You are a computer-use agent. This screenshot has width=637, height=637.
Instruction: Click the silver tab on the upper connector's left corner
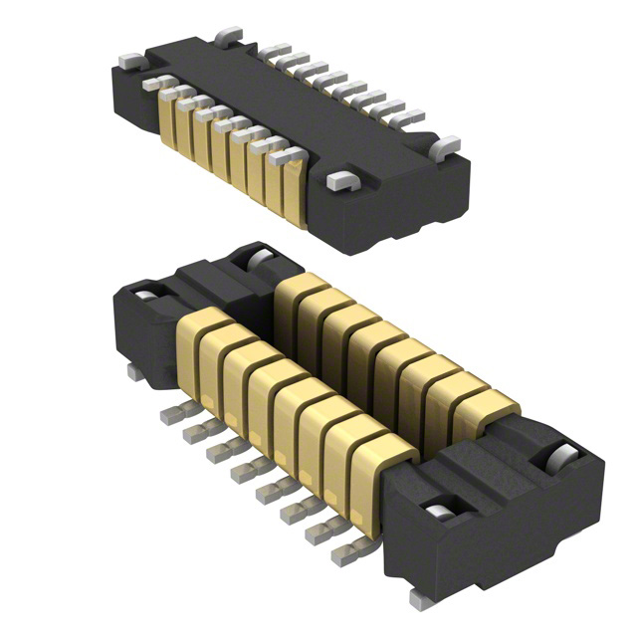click(x=129, y=61)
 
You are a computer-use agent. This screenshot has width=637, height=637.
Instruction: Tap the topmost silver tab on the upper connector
click(x=228, y=36)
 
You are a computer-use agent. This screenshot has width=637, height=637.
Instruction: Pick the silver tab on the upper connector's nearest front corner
click(x=340, y=181)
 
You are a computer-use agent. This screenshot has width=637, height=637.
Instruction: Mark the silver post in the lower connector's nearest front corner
click(x=435, y=512)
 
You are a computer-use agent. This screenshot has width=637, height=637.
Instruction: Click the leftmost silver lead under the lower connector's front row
click(x=166, y=412)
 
